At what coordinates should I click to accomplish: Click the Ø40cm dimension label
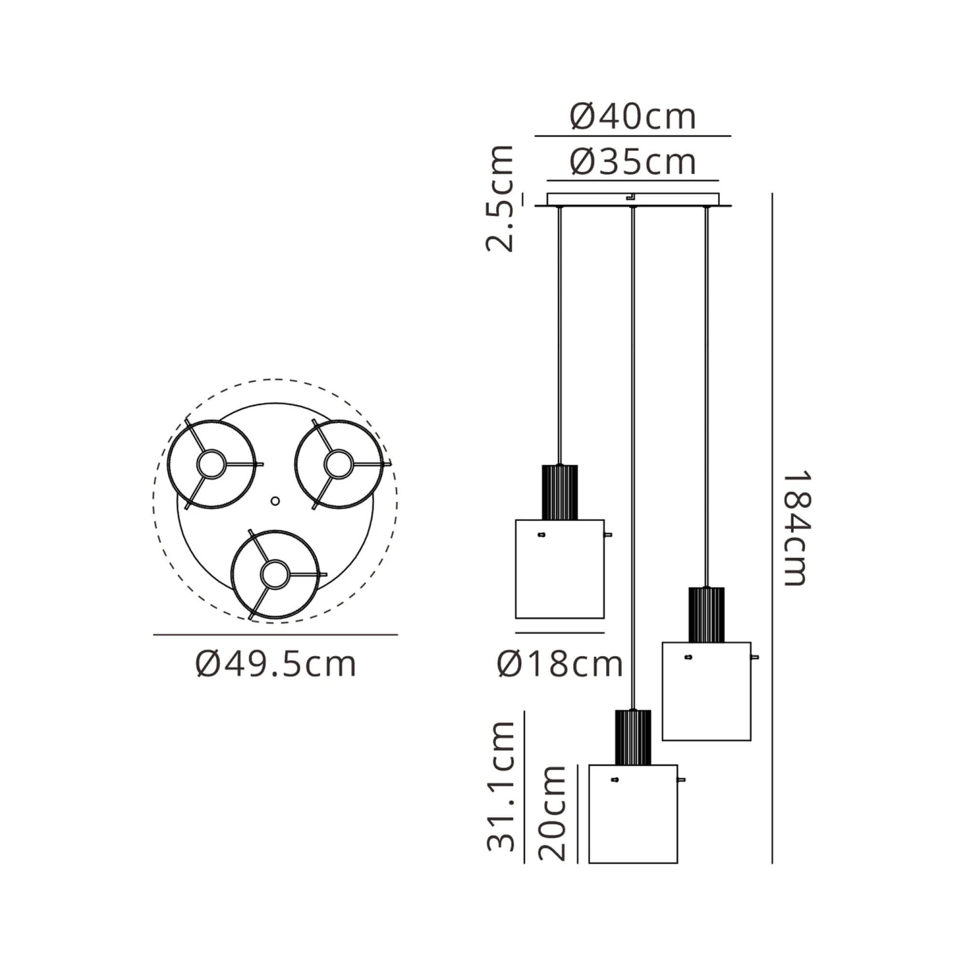pyautogui.click(x=633, y=116)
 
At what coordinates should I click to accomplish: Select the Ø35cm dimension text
pyautogui.click(x=633, y=161)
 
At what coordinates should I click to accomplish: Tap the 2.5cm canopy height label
pyautogui.click(x=501, y=198)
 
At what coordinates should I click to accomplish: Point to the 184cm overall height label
pyautogui.click(x=796, y=528)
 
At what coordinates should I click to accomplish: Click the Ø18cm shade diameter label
pyautogui.click(x=560, y=663)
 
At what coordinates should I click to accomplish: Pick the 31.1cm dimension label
pyautogui.click(x=502, y=786)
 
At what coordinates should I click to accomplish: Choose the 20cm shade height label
pyautogui.click(x=553, y=813)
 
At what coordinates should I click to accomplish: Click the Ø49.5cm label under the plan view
pyautogui.click(x=275, y=663)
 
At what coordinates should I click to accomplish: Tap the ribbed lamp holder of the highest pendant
pyautogui.click(x=560, y=492)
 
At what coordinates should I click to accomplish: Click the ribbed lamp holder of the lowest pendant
pyautogui.click(x=633, y=737)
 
